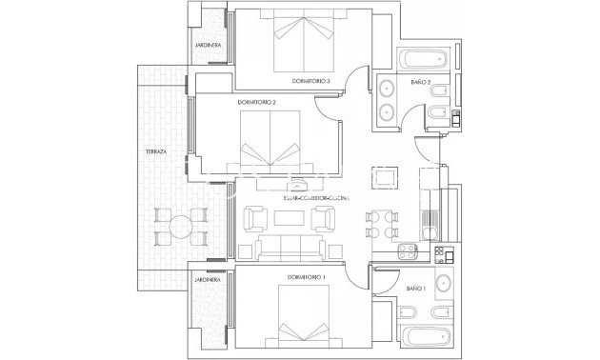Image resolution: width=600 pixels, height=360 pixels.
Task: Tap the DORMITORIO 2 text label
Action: [257, 102]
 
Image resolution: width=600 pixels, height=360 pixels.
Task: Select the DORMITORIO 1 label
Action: [306, 276]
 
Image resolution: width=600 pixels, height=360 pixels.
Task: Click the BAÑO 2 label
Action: [422, 83]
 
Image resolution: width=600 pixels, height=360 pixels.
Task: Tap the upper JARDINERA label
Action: [209, 45]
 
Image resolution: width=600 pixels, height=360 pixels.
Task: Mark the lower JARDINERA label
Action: [208, 280]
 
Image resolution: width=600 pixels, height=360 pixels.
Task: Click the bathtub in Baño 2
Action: [426, 58]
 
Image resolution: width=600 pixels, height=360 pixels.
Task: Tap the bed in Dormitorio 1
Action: [305, 319]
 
